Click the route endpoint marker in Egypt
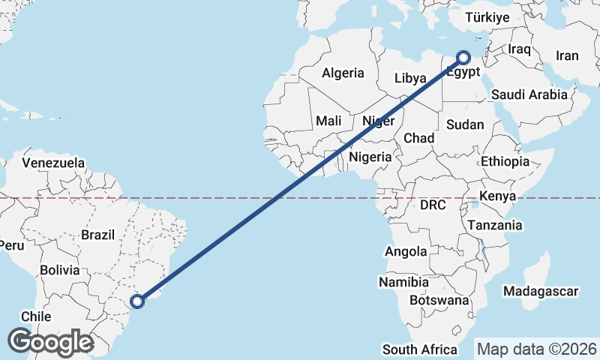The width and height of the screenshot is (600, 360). [463, 57]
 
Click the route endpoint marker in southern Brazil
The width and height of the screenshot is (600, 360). [137, 301]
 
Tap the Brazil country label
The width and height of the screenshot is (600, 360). [98, 235]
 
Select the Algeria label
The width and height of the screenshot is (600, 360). [343, 73]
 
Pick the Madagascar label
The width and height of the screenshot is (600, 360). [541, 291]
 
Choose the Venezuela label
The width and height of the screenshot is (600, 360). [53, 162]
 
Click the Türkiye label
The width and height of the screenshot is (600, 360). [487, 17]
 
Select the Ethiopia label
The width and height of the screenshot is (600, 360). [505, 161]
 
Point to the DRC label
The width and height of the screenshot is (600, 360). [433, 205]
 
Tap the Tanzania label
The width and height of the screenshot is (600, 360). [494, 225]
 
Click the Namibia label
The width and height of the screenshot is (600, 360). [403, 283]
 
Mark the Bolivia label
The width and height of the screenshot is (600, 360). [60, 269]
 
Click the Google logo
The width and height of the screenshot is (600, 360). [50, 342]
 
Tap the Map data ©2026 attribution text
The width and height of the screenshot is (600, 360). [537, 349]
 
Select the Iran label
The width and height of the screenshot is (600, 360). [567, 55]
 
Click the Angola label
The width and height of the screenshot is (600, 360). [406, 252]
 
